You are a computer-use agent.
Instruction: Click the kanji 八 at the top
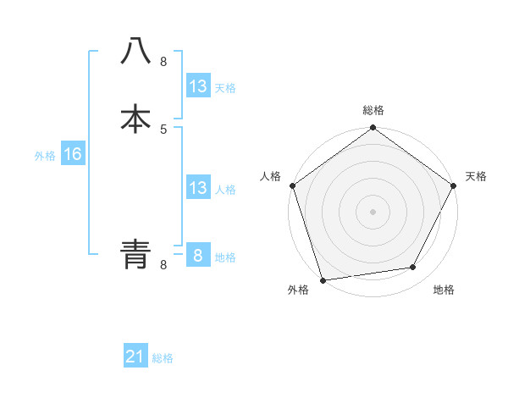click(x=136, y=52)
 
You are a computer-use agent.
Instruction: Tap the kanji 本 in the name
click(x=136, y=119)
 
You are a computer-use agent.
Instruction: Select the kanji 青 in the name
click(x=136, y=254)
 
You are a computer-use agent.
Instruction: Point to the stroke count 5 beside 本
click(x=163, y=129)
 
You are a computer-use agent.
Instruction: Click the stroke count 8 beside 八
click(x=163, y=62)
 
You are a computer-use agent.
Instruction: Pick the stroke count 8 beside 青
click(x=163, y=264)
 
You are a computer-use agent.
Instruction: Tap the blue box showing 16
click(x=72, y=154)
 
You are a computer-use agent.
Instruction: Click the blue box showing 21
click(x=135, y=357)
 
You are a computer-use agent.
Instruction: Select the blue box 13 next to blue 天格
click(x=197, y=86)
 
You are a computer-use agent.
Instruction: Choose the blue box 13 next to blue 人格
click(x=197, y=188)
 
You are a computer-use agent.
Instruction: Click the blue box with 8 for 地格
click(x=197, y=256)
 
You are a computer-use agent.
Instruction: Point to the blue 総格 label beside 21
click(x=163, y=358)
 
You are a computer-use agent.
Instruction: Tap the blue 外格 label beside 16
click(x=45, y=156)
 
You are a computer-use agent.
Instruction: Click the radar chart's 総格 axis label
click(x=373, y=110)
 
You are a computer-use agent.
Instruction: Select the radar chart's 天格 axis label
click(x=476, y=176)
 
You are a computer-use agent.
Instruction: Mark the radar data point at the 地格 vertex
click(x=413, y=268)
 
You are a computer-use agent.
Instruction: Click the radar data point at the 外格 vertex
click(x=323, y=279)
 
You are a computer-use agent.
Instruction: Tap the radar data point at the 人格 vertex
click(x=292, y=185)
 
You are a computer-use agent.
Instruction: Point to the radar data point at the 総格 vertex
click(x=373, y=128)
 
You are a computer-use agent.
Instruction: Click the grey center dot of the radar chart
click(x=373, y=212)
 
